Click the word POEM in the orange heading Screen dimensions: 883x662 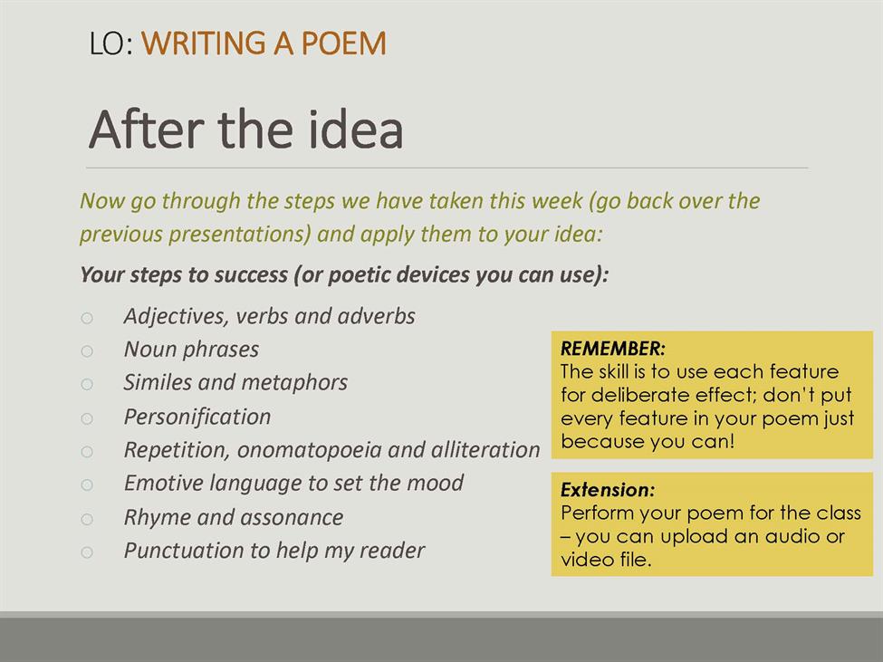343,43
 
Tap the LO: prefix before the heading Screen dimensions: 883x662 111,43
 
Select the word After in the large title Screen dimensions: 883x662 149,130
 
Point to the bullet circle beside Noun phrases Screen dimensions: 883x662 87,351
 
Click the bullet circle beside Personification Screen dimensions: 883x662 87,418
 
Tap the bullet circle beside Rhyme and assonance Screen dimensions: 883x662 87,519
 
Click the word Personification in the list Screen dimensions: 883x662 197,417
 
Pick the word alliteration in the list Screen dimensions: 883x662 485,450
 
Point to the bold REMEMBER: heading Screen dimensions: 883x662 613,349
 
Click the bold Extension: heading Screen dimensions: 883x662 608,490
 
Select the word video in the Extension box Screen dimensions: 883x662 584,560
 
